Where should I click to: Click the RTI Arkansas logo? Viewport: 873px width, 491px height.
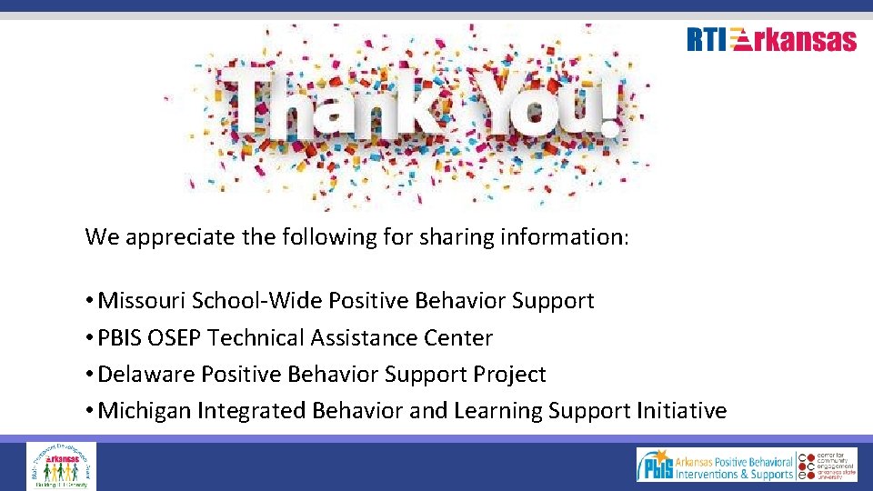pyautogui.click(x=771, y=40)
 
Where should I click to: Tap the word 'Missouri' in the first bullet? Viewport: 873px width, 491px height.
pyautogui.click(x=138, y=300)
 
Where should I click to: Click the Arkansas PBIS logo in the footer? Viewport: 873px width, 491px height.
pyautogui.click(x=715, y=465)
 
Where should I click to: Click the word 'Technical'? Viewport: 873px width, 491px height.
pyautogui.click(x=256, y=337)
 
